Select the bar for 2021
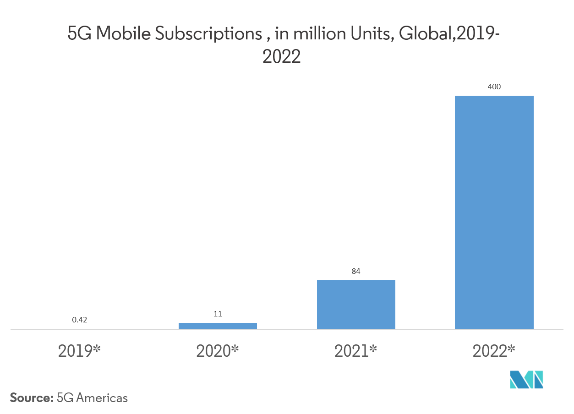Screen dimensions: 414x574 click(356, 305)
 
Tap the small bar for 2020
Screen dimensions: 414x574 click(218, 326)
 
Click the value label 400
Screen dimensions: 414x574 click(494, 87)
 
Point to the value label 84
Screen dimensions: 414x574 click(356, 271)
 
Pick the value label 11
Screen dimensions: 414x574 click(218, 314)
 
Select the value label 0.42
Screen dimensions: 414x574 click(80, 320)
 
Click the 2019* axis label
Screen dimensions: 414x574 click(79, 351)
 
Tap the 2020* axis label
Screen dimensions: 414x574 click(218, 351)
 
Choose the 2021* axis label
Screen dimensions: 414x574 click(356, 351)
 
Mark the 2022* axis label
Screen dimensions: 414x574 click(494, 351)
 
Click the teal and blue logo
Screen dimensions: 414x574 click(526, 380)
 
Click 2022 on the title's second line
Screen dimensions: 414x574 click(281, 57)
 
